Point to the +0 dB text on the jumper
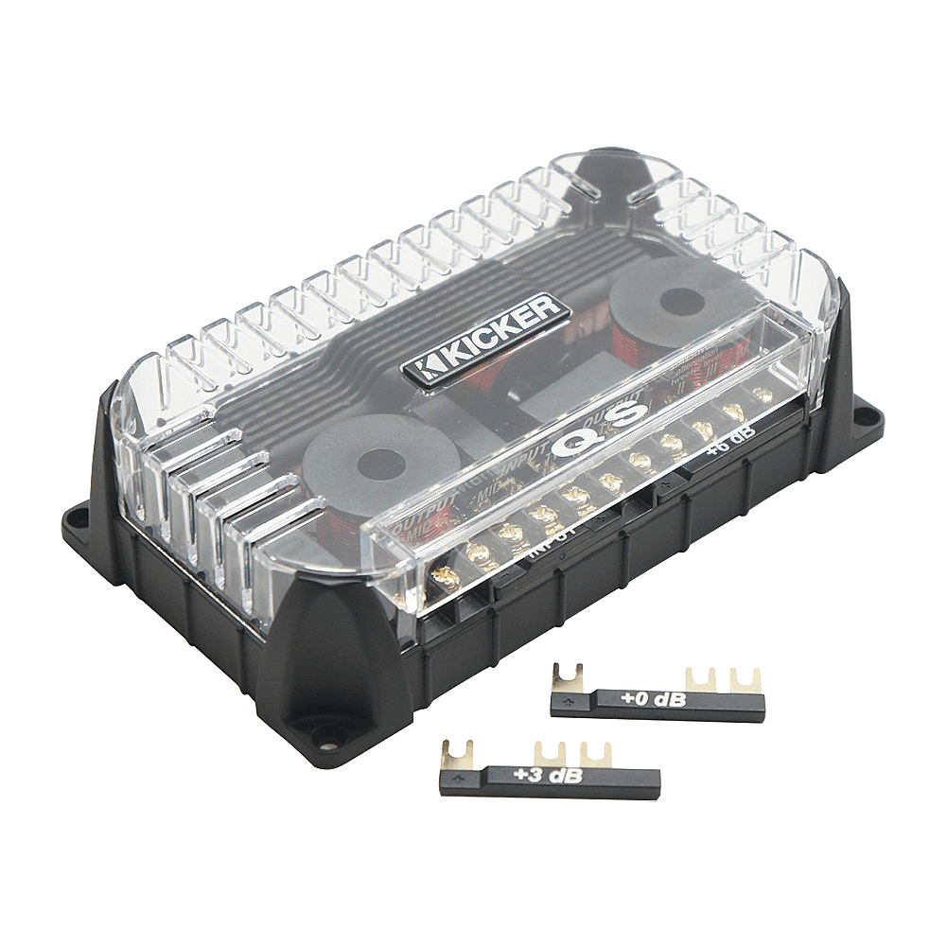(653, 700)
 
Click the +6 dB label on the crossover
(730, 444)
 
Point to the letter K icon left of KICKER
(421, 369)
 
